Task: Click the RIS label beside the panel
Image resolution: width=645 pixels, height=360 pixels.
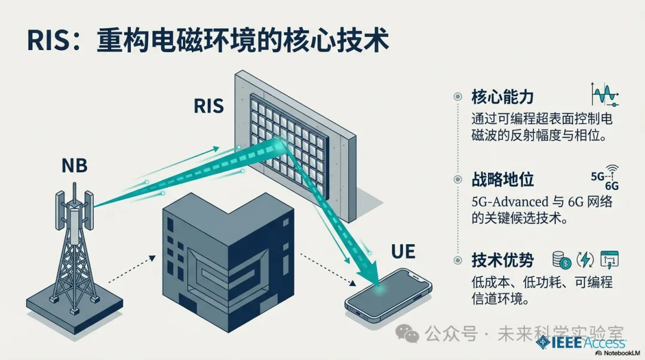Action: tap(209, 106)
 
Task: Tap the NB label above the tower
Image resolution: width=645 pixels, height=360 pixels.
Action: tap(74, 165)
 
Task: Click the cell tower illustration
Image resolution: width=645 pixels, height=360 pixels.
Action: tap(75, 251)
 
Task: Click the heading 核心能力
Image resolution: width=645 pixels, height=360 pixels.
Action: tap(502, 97)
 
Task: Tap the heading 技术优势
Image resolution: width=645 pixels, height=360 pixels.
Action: tap(502, 260)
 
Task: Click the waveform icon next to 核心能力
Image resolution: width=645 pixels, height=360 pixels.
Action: tap(604, 96)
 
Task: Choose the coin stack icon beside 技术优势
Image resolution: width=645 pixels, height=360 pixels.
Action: tap(563, 259)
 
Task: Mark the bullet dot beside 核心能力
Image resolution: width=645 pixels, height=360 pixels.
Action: tap(458, 96)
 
